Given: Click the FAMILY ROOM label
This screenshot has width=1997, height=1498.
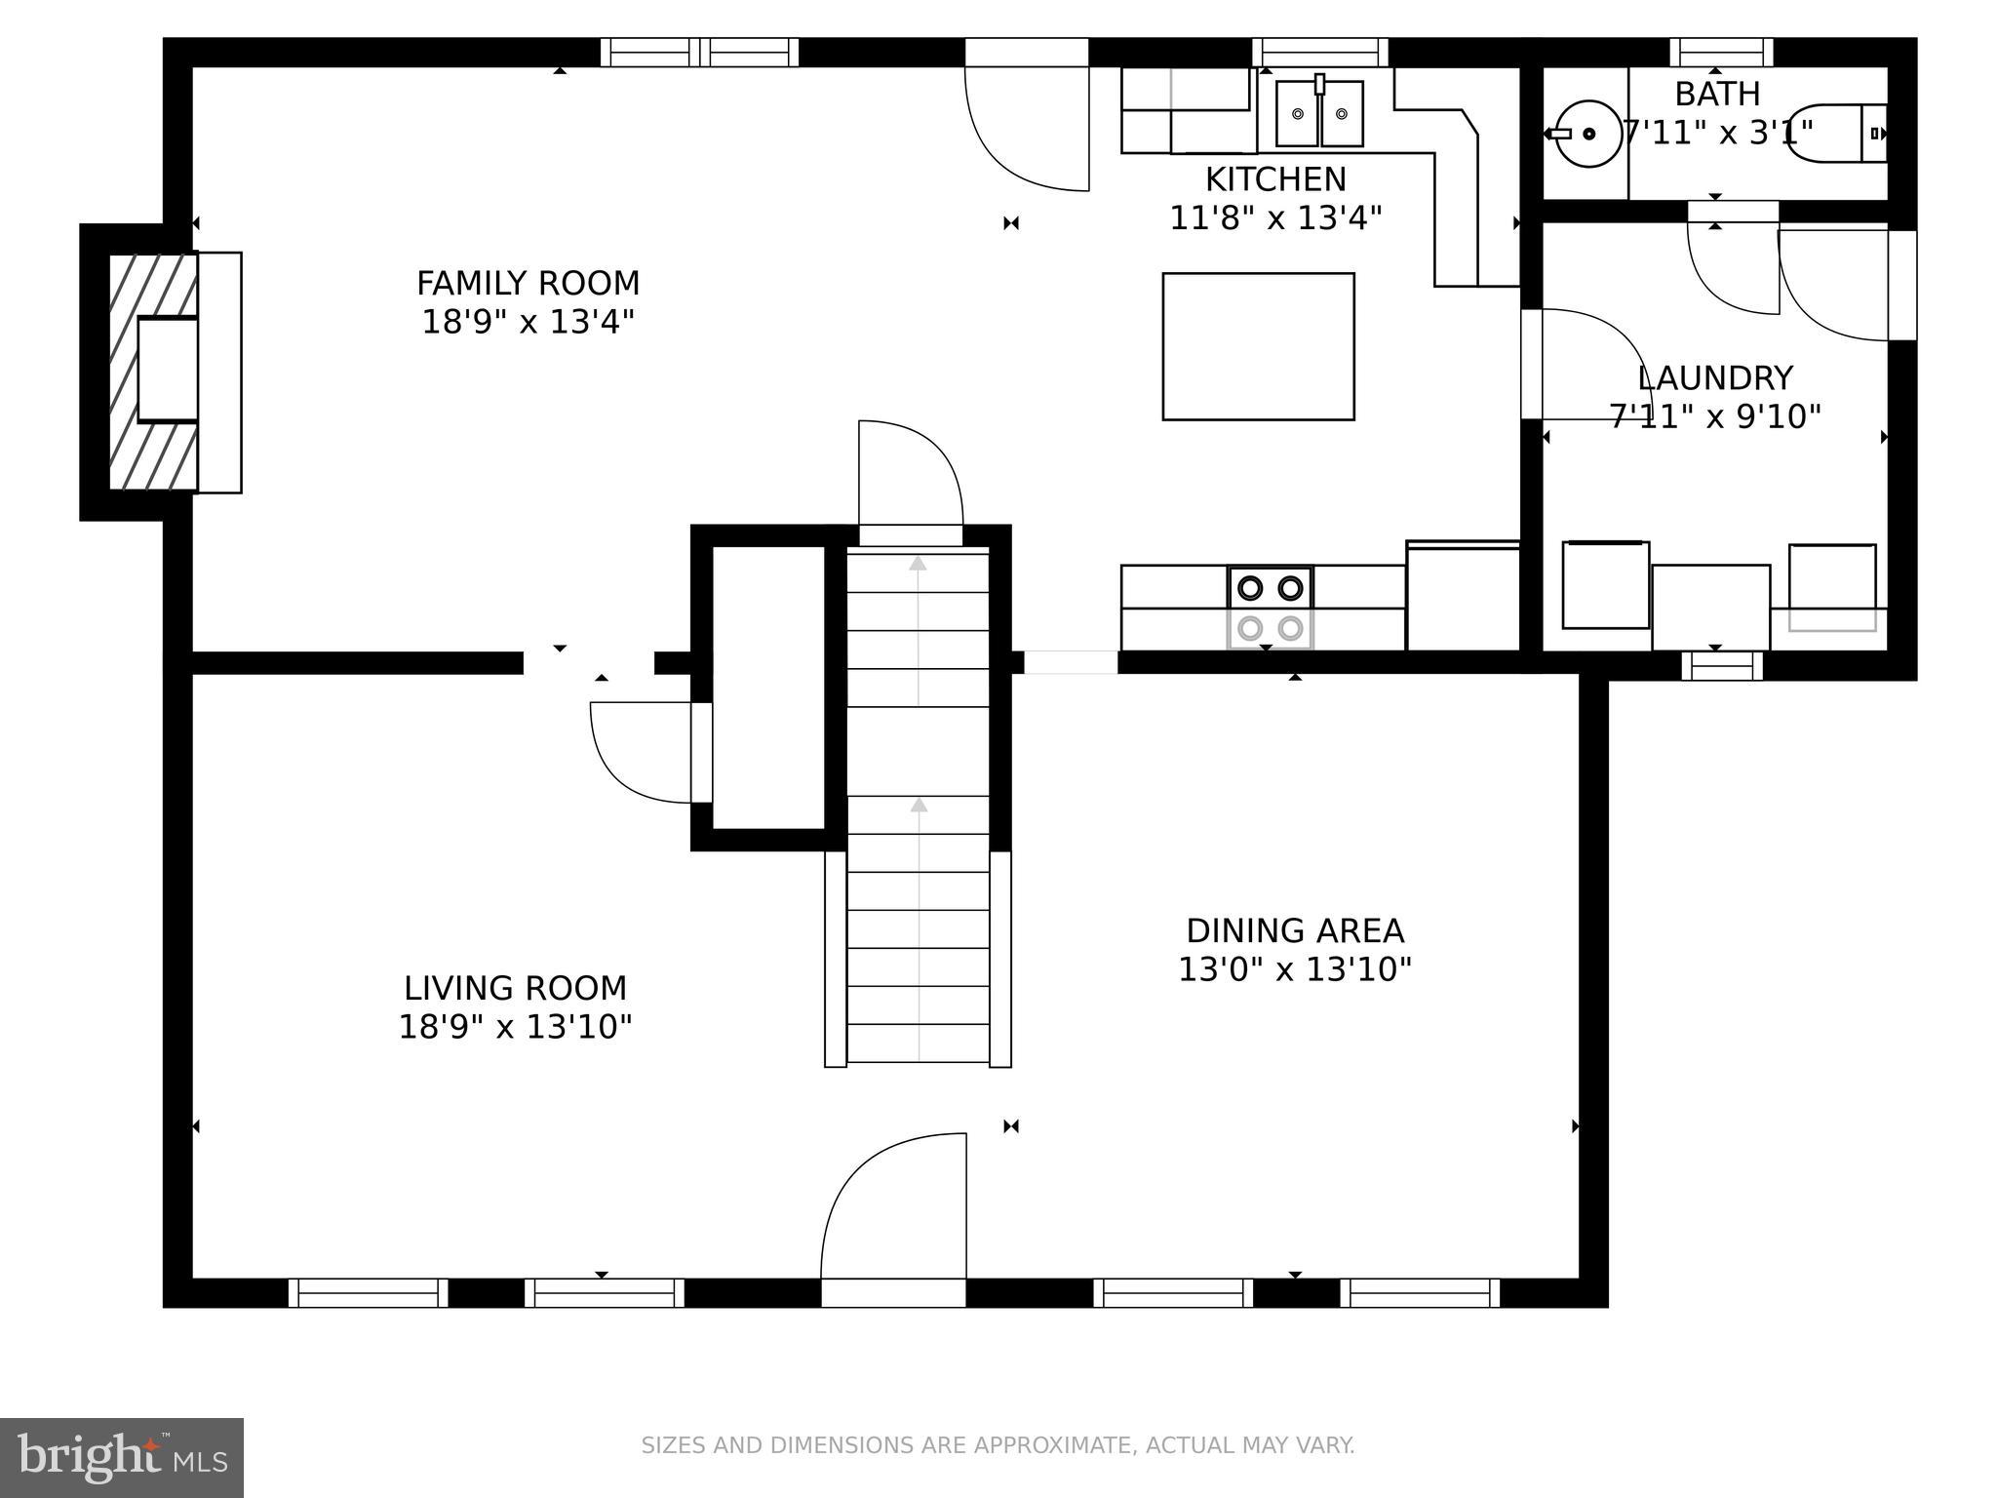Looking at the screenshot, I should pos(528,284).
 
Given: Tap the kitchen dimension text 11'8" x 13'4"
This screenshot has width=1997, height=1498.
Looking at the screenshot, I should pos(1275,218).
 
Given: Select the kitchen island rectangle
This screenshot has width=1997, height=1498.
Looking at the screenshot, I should pos(1258,346).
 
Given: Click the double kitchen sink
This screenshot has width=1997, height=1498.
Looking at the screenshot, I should pos(1319,113).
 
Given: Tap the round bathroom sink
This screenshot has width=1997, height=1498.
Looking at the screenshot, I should pos(1588,134).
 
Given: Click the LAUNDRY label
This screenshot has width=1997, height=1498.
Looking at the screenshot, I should pos(1714,378).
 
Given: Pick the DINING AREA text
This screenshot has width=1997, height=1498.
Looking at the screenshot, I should pos(1295,931).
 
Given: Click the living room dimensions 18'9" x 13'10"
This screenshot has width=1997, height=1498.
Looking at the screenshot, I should pos(515,1027).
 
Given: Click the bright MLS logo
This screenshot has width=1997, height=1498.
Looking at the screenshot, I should pos(121,1457).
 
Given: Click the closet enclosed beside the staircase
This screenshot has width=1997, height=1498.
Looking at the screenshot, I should pos(768,688).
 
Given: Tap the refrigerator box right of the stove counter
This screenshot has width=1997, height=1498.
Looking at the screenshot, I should pos(1463,597).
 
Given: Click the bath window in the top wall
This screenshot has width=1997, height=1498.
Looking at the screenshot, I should pos(1721,51).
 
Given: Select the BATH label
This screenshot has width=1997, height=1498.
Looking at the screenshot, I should pos(1717,95).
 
